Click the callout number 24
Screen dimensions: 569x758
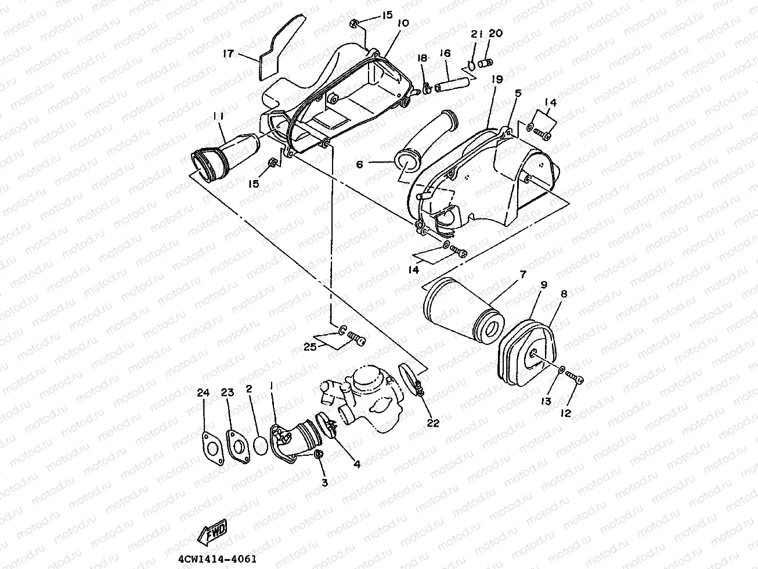[202, 393]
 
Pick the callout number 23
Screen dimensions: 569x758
[227, 393]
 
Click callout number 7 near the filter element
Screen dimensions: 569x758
[522, 274]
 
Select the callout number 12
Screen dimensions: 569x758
[566, 413]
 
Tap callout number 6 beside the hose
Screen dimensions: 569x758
[359, 165]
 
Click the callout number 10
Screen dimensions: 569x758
[403, 23]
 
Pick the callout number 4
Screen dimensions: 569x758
[356, 464]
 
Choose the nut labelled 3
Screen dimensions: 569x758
[319, 454]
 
